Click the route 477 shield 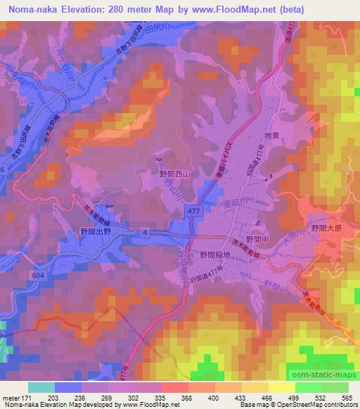click(191, 211)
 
